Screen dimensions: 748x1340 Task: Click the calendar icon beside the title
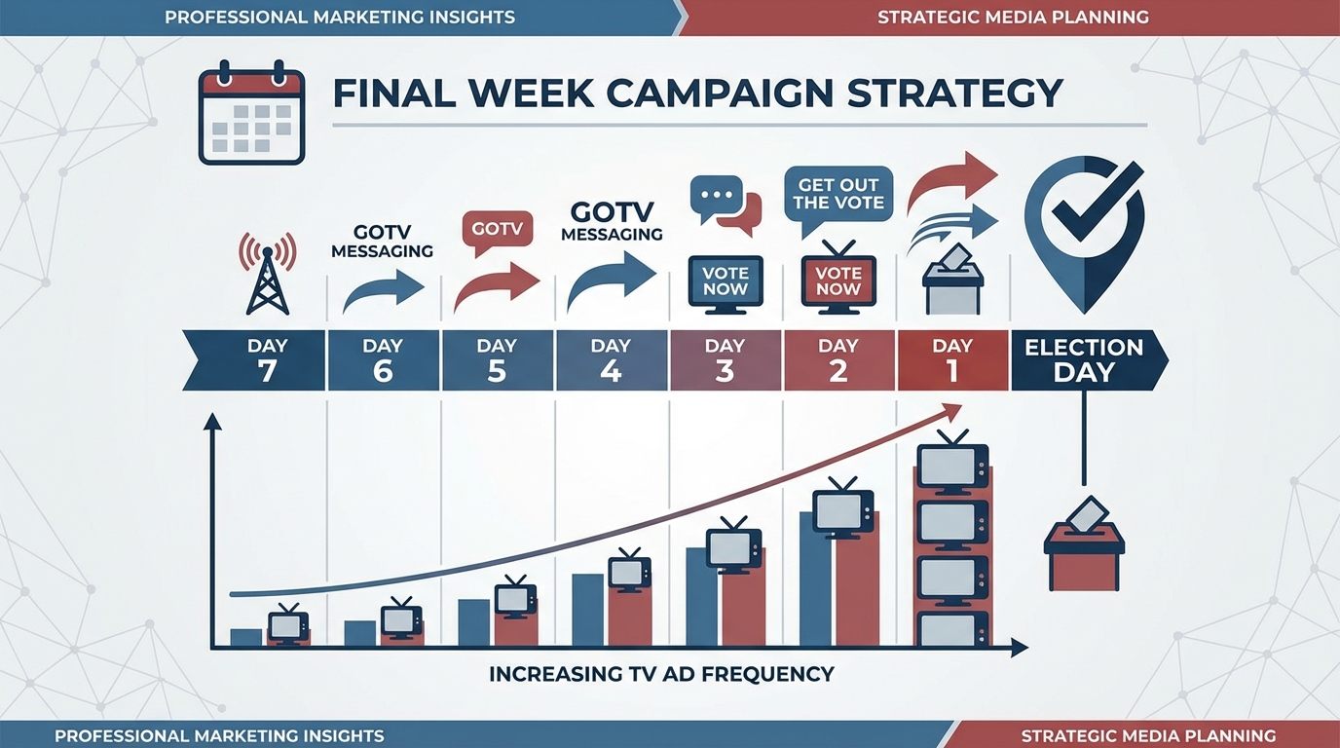tap(251, 114)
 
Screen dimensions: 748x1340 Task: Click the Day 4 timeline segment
tap(611, 360)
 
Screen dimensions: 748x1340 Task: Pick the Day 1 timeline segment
tap(951, 360)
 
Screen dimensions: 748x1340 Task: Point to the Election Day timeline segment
tap(1083, 360)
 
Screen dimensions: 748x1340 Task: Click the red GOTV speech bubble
tap(497, 231)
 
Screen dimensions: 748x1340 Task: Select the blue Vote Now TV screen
tap(726, 280)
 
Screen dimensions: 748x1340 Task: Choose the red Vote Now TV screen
tap(838, 280)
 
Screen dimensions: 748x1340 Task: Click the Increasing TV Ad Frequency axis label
tap(661, 673)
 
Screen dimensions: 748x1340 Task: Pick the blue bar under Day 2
tap(815, 579)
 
